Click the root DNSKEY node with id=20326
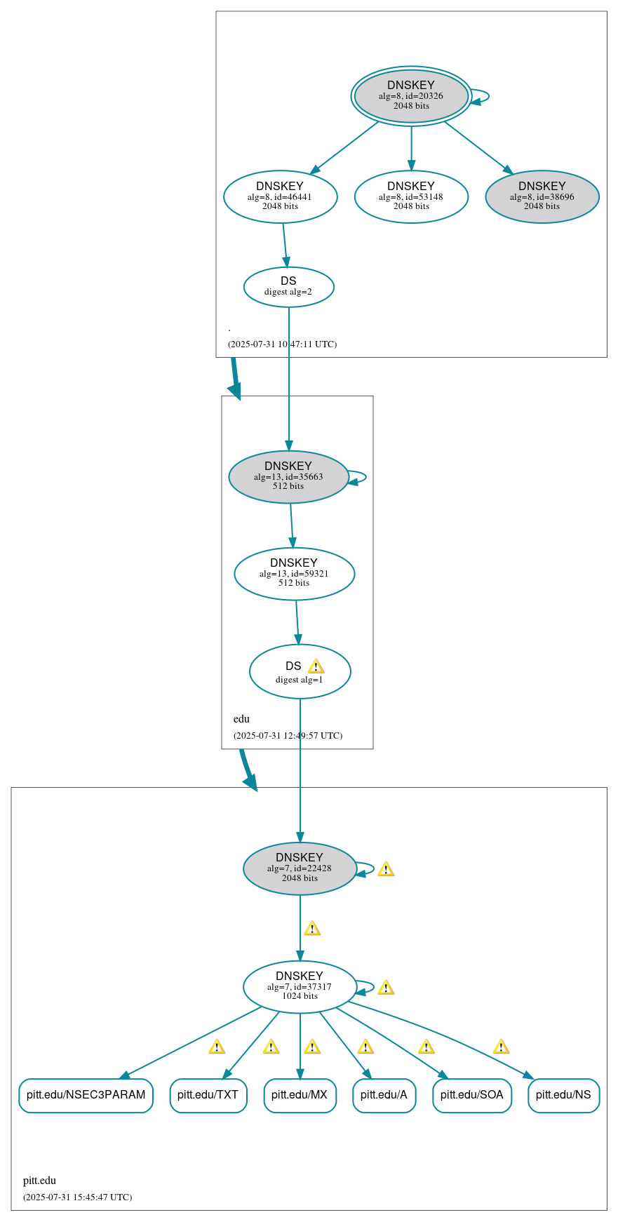coord(411,96)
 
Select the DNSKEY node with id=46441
coord(280,196)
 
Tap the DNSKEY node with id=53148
coord(411,196)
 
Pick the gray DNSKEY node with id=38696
coord(542,196)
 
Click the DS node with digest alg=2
coord(288,286)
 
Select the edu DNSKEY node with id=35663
coord(288,476)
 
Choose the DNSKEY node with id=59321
coord(294,573)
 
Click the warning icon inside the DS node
coord(316,666)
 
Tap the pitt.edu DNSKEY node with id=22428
coord(300,868)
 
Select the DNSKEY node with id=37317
coord(300,986)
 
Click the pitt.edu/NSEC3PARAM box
coord(86,1095)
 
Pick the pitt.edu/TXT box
coord(208,1095)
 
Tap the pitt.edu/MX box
coord(300,1095)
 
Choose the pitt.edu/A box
coord(384,1095)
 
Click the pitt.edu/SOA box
coord(471,1095)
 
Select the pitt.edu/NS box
coord(563,1095)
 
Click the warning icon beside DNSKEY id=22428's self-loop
coord(386,870)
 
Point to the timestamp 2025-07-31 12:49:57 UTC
coord(288,735)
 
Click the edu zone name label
coord(241,718)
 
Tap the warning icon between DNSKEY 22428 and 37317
coord(312,929)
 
